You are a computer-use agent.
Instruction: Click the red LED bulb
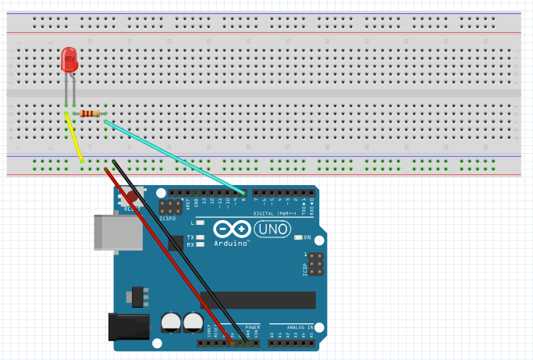pos(69,60)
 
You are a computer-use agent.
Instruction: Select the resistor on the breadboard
pos(91,114)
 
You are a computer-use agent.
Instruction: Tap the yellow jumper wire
pos(74,138)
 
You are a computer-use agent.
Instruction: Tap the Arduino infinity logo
pos(230,230)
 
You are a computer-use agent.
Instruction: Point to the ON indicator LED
pos(297,237)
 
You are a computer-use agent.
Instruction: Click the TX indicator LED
pos(201,237)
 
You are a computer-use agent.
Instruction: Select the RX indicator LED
pos(201,244)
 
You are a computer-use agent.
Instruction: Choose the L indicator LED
pos(201,223)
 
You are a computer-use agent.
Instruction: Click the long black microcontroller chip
pos(258,300)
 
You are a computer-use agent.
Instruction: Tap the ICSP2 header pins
pos(168,208)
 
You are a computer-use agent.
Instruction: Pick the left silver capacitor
pos(169,323)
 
